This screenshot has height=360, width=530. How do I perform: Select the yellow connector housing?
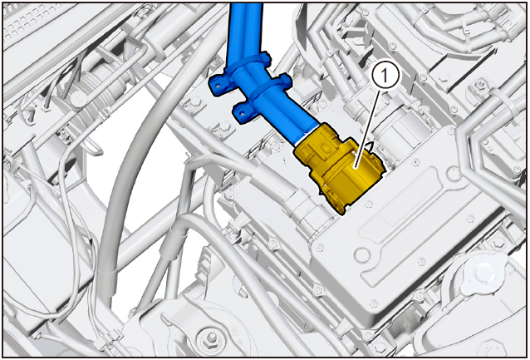pos(339,167)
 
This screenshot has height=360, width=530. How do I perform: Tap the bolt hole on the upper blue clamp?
pos(218,86)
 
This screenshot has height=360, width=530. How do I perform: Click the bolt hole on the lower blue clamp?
pos(242,113)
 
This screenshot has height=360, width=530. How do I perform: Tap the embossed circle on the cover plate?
pos(362,255)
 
